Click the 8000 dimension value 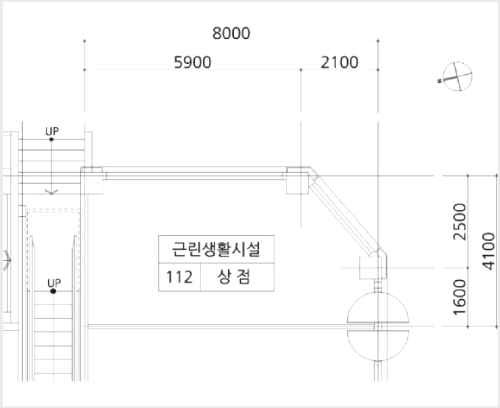[231, 33]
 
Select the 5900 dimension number [193, 62]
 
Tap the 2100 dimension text [339, 62]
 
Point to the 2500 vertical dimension [460, 221]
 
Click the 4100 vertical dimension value [488, 251]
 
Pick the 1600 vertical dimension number [460, 297]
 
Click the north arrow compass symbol [457, 76]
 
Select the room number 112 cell [179, 277]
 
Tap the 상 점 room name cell [238, 277]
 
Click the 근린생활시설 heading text [216, 249]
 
